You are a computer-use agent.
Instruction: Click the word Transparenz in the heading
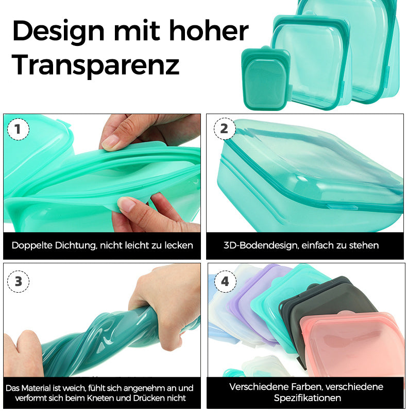[95, 65]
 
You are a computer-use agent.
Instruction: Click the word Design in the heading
[58, 31]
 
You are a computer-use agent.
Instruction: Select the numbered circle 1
[18, 129]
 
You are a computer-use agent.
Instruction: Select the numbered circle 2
[224, 129]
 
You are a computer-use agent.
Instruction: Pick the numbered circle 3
[18, 281]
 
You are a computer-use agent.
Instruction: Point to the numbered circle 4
[225, 281]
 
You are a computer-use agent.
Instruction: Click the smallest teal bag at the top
[266, 78]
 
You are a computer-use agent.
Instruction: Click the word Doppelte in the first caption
[32, 246]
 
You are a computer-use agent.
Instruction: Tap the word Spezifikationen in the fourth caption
[307, 398]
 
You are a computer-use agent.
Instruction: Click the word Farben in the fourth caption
[302, 387]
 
